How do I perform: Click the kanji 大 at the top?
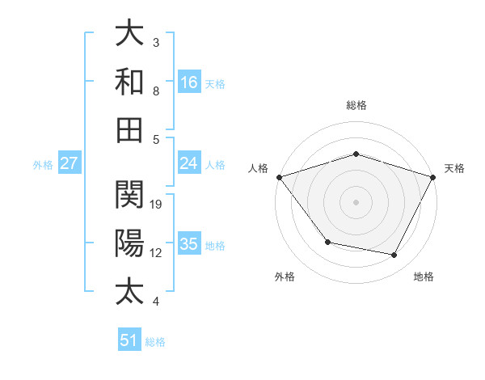coord(129,33)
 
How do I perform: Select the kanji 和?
coord(129,82)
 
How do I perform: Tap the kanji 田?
coord(129,129)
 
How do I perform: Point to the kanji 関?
coord(129,195)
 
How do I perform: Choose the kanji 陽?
coord(129,243)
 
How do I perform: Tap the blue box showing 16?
coord(189,82)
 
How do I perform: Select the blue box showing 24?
coord(189,163)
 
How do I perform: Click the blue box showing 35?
coord(189,244)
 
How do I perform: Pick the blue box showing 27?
coord(70,163)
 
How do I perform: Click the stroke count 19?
coord(157,204)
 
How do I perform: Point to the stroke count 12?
coord(157,252)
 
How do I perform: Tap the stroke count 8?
coord(156,91)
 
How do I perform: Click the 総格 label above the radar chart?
coord(356,105)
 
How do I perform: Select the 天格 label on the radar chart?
coord(454,168)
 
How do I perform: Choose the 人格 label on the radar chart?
coord(258,168)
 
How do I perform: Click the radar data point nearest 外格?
coord(327,242)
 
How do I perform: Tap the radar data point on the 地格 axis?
coord(394,255)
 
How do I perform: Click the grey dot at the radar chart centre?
coord(356,202)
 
